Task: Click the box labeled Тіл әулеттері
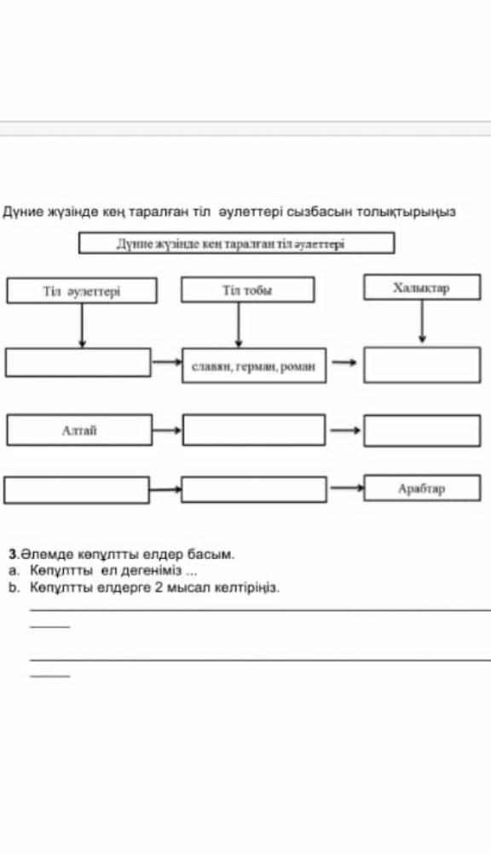coord(82,291)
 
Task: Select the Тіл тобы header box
coord(248,289)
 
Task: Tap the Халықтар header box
coord(422,287)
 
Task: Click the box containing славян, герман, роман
coord(254,366)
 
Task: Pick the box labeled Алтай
coord(79,430)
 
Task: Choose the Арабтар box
coord(422,488)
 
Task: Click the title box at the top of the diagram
coord(236,243)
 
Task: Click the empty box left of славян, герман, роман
coord(78,363)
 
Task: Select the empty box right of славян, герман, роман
coord(422,365)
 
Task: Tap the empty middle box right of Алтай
coord(254,430)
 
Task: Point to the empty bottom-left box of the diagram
coord(77,489)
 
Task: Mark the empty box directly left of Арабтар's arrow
coord(254,489)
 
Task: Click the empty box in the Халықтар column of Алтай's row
coord(422,430)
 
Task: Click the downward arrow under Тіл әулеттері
coord(82,326)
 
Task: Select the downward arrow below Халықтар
coord(422,321)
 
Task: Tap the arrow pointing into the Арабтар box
coord(346,488)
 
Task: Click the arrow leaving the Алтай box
coord(167,430)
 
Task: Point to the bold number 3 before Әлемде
coord(13,555)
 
